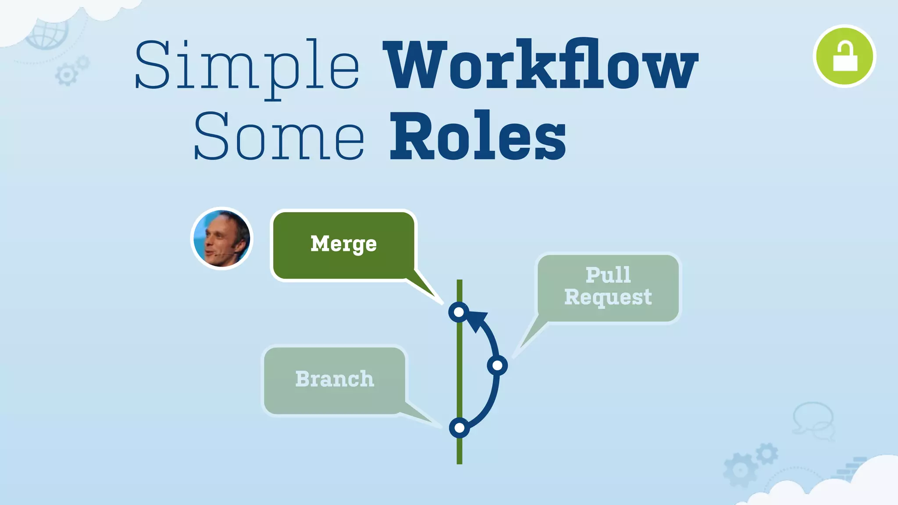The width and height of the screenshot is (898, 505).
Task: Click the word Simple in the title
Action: pos(246,66)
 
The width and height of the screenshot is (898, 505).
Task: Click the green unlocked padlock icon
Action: pos(844,56)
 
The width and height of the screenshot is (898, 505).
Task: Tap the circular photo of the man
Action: pos(222,238)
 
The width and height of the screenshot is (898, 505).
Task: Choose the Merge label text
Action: pos(343,244)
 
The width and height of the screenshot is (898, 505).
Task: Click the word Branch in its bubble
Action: pos(335,379)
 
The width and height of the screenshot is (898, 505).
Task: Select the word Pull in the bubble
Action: pos(608,275)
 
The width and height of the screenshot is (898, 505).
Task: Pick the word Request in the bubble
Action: pos(608,297)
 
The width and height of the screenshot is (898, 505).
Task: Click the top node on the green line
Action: pos(459,312)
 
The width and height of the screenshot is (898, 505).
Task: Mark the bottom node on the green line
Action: pos(459,428)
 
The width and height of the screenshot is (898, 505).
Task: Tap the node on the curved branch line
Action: pos(497,366)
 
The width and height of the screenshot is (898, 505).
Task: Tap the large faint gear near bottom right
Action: pos(740,470)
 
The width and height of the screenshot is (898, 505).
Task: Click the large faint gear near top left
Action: pos(66,75)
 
